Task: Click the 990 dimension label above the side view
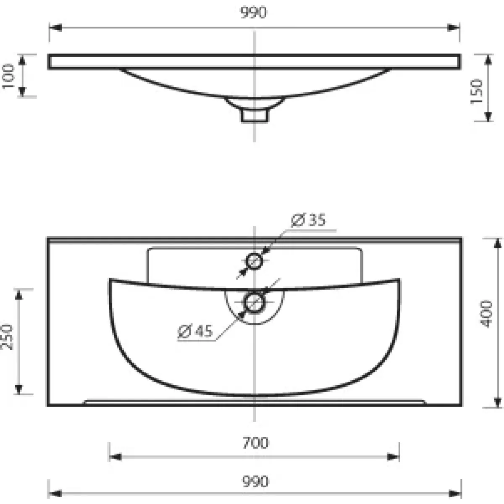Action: click(x=253, y=13)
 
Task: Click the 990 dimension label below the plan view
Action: click(x=255, y=481)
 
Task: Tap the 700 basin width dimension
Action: click(x=255, y=443)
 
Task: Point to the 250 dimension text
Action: click(x=7, y=337)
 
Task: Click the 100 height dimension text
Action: click(x=8, y=76)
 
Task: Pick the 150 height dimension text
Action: click(x=476, y=92)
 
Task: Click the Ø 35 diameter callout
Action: click(x=308, y=220)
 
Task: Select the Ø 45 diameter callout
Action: click(x=195, y=331)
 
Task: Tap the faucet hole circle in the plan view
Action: click(x=254, y=261)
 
